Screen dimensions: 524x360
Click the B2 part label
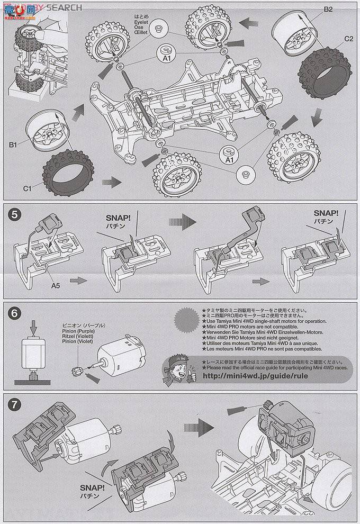tap(328, 9)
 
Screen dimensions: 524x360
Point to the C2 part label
tap(348, 39)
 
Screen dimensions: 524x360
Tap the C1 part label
tap(29, 187)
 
